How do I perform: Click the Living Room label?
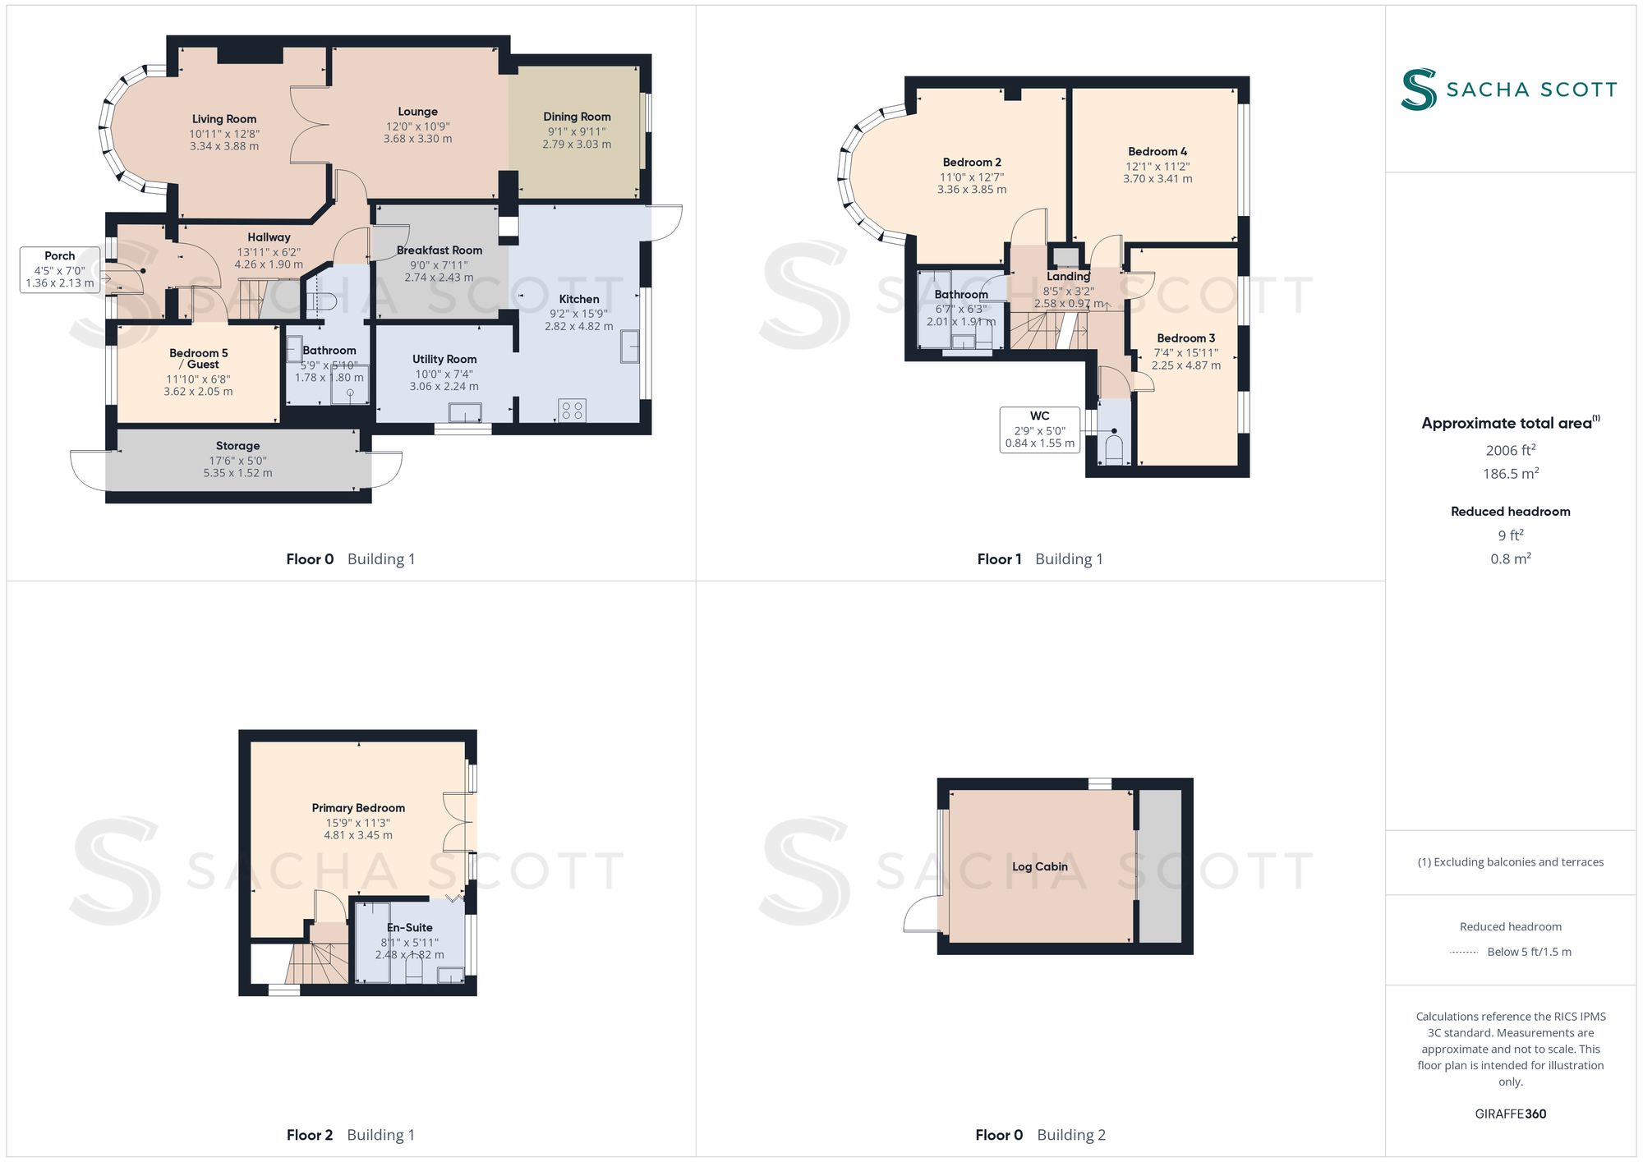click(224, 119)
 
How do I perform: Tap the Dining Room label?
click(577, 117)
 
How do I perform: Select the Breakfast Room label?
click(440, 250)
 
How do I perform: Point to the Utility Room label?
click(444, 359)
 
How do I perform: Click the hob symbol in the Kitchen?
click(573, 410)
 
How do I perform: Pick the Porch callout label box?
click(60, 269)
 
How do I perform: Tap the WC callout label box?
click(1040, 429)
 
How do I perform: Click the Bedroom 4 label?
click(1157, 152)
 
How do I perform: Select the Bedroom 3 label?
click(1186, 338)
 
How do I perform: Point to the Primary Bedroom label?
click(358, 808)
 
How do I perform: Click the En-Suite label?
click(410, 928)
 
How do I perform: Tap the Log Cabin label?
click(1040, 866)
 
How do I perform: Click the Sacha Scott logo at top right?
click(1509, 89)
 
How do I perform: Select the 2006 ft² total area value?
click(1511, 450)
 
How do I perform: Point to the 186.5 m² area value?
click(1511, 473)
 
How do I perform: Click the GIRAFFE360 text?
click(1511, 1114)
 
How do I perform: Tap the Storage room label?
click(238, 446)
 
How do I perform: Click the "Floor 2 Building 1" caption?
click(351, 1135)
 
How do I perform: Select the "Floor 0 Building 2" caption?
click(1041, 1135)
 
